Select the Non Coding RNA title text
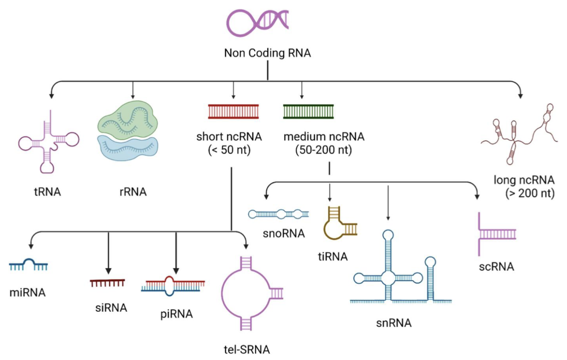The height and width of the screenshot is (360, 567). point(267,53)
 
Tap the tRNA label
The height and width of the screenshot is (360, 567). point(47,192)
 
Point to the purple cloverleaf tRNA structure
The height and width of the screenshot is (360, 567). point(49,142)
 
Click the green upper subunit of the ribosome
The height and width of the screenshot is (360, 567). point(127,117)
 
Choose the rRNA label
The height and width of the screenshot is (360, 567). point(133,192)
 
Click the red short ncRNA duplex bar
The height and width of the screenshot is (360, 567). point(233,111)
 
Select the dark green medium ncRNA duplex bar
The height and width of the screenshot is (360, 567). point(308,111)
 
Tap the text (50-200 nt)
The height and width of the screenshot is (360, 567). point(324,150)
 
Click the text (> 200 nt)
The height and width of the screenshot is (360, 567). point(530,193)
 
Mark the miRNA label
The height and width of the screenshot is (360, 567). point(28,292)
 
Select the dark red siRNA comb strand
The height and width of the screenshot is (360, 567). point(108,283)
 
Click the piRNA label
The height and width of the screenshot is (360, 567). point(177,314)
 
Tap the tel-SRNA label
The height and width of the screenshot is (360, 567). point(247,349)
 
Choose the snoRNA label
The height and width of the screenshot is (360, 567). point(284,233)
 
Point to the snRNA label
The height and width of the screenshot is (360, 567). point(394,323)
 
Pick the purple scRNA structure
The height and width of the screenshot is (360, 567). point(496,234)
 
